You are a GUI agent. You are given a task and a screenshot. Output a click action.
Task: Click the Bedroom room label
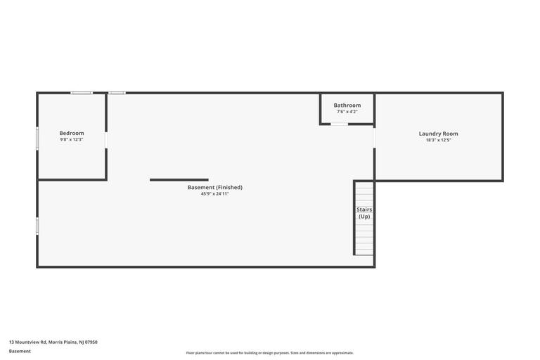[x=72, y=133]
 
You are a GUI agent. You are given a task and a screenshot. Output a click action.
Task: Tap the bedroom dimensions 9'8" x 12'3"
[x=72, y=139]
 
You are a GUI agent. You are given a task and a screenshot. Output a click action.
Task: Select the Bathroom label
[x=347, y=105]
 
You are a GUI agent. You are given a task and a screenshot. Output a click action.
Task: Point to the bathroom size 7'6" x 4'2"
[x=347, y=112]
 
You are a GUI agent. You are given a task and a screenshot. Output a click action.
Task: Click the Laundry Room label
[x=439, y=134]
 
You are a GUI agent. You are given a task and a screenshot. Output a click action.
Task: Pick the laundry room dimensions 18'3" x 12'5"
[x=439, y=140]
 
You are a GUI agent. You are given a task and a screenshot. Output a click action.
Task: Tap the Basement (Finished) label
[x=215, y=188]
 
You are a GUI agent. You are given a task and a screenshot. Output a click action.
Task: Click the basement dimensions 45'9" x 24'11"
[x=215, y=193]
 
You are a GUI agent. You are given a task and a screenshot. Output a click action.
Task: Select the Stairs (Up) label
[x=364, y=213]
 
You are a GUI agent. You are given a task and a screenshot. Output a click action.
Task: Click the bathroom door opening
[x=339, y=124]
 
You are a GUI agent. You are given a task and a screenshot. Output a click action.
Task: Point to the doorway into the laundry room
[x=374, y=138]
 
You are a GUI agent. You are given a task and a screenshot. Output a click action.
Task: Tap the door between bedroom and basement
[x=106, y=140]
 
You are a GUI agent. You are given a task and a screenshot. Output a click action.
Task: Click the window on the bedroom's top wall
[x=82, y=93]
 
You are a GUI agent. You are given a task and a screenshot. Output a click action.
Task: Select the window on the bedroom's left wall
[x=37, y=138]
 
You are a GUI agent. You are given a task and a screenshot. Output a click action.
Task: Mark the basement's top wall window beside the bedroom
[x=117, y=93]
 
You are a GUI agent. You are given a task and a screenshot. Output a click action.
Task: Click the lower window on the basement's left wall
[x=37, y=226]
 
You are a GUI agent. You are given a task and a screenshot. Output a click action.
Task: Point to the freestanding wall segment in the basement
[x=179, y=180]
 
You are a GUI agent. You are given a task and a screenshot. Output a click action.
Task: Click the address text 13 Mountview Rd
[x=27, y=342]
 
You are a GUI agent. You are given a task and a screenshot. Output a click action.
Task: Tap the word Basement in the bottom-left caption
[x=20, y=351]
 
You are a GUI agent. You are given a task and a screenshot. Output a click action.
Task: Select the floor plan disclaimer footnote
[x=270, y=353]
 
